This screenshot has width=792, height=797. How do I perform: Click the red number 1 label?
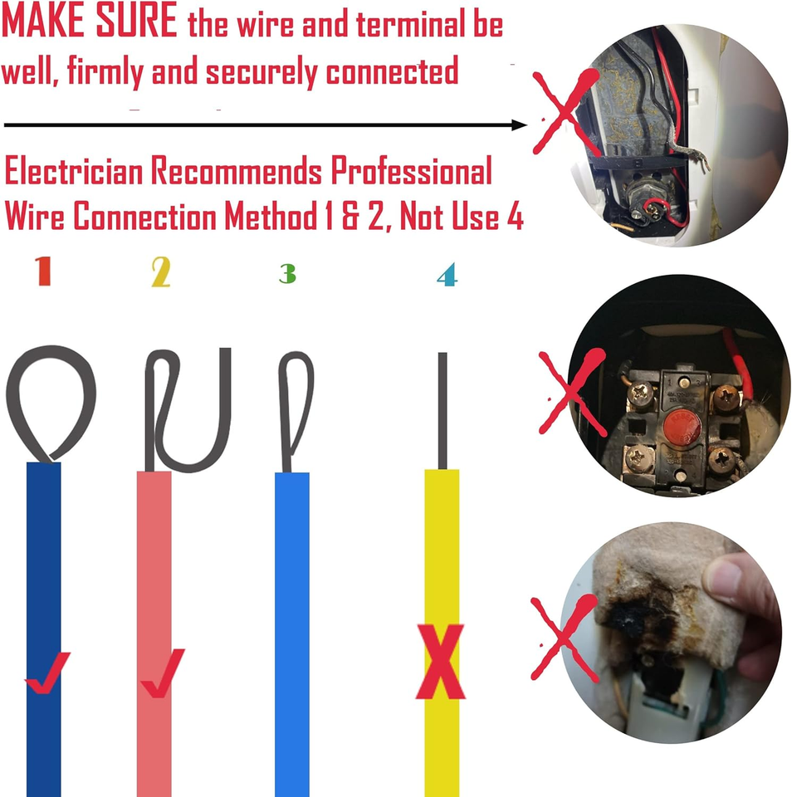point(43,271)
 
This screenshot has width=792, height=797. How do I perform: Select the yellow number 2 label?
point(160,272)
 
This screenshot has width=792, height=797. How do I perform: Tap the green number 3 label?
point(287,273)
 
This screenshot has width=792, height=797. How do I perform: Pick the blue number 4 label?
point(447,274)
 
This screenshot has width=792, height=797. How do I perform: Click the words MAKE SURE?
point(89,23)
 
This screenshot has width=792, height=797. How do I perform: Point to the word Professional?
point(411,172)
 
